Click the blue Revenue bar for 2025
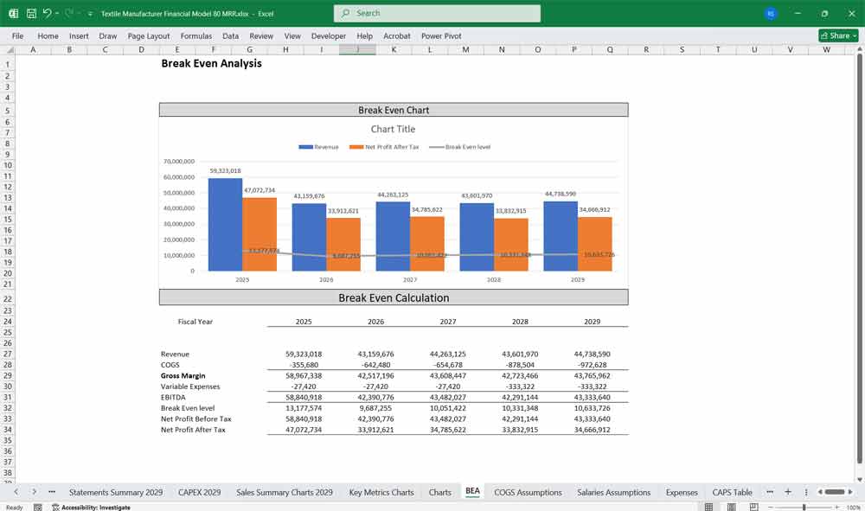[225, 225]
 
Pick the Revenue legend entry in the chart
[319, 147]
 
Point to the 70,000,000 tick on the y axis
[178, 162]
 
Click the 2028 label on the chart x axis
[493, 280]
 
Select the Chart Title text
[394, 129]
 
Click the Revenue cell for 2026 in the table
[375, 355]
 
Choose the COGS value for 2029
[593, 365]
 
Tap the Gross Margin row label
[183, 376]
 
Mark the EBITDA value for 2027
[448, 398]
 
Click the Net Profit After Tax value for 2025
[304, 430]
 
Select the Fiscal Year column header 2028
[520, 322]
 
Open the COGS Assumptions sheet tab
[528, 492]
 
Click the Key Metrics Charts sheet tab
[381, 492]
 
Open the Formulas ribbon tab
[195, 36]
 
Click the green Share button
[837, 35]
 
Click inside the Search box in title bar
[437, 13]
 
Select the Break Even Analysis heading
[211, 63]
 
